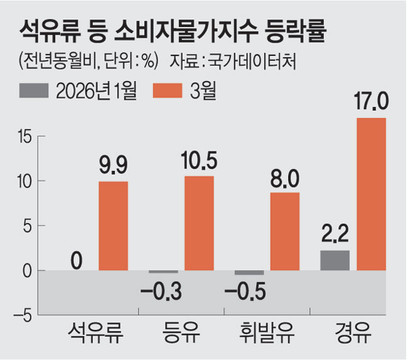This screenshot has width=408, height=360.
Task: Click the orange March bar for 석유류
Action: point(113,226)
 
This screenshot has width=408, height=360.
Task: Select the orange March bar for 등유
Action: point(199,223)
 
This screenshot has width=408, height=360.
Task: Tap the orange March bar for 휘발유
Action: point(285,231)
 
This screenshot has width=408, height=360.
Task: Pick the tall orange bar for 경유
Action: point(371,194)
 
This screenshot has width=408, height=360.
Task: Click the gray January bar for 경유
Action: point(335,260)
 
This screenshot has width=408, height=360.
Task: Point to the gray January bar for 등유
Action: point(163,272)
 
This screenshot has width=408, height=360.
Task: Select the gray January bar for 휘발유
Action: point(249,273)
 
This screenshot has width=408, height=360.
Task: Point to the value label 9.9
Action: point(113,166)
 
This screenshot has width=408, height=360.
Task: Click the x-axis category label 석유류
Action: point(95,334)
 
